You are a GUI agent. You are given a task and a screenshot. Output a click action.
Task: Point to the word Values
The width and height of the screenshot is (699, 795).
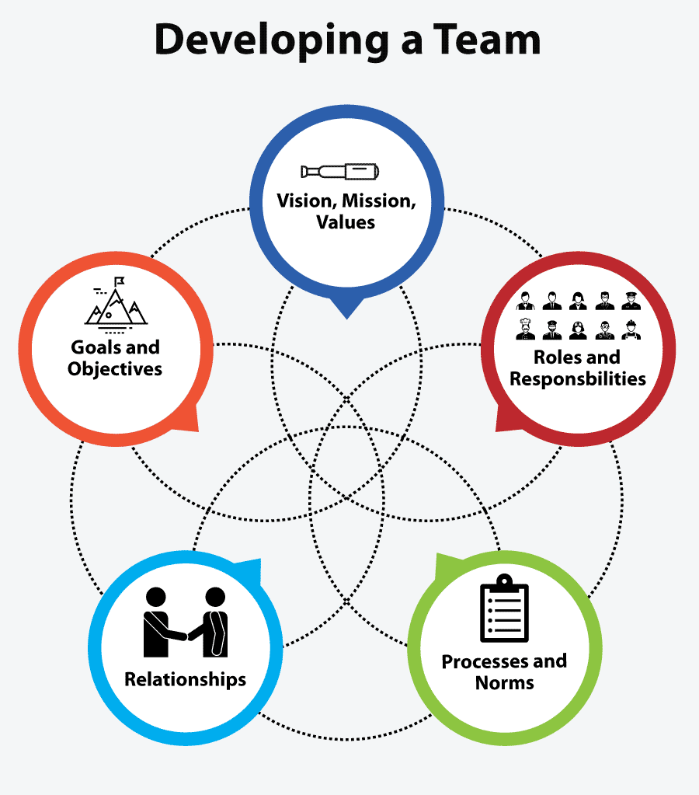coord(346,222)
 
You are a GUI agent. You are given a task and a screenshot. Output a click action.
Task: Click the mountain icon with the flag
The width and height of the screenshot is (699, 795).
coord(115,303)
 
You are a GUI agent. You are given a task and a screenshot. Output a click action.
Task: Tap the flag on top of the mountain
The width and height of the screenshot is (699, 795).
coord(119,281)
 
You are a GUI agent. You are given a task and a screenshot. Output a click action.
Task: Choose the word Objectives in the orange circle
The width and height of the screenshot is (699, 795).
coord(115,368)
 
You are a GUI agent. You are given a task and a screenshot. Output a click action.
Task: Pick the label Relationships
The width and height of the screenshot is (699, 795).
coord(185,679)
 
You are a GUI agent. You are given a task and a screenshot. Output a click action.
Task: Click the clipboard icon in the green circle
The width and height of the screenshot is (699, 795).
coord(504,610)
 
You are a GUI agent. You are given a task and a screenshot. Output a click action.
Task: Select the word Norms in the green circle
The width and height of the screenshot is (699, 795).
coord(505,683)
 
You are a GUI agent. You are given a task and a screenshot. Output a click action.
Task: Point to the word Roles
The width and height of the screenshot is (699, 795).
coord(558,357)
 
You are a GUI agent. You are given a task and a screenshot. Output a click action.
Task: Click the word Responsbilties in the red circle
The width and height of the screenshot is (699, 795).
coord(578,379)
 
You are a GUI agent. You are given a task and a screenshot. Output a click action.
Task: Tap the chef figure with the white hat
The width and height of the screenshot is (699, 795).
coord(526,329)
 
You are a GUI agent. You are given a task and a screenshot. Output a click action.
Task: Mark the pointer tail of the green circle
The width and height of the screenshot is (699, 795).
coord(444,563)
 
